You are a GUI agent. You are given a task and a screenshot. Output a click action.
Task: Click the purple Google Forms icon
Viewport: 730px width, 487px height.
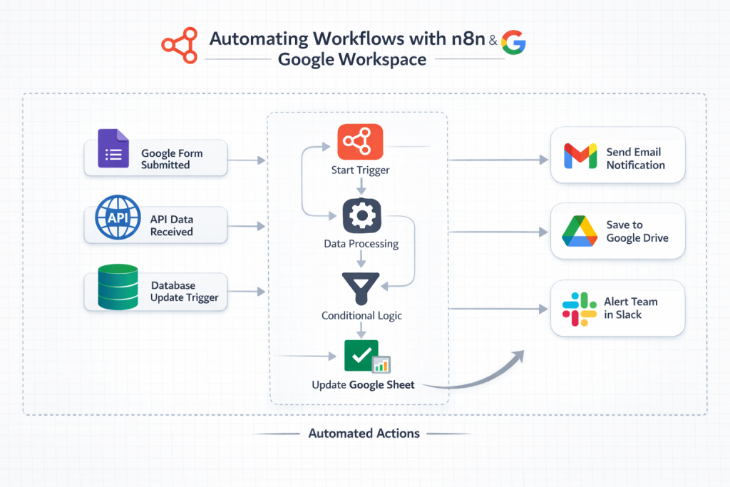coord(113,148)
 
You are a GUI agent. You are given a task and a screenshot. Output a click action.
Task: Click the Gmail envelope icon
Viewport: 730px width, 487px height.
coord(580,157)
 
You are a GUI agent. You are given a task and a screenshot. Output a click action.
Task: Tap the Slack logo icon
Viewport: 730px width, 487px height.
coord(579,309)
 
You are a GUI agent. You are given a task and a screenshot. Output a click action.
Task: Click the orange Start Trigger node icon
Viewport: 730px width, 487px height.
coord(360,142)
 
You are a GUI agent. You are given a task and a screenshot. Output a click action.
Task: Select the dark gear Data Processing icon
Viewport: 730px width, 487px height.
coord(361,215)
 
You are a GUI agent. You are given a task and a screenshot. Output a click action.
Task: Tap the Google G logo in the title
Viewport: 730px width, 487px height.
coord(513,43)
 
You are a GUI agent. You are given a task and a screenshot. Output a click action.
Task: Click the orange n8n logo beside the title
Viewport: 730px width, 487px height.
coord(180,45)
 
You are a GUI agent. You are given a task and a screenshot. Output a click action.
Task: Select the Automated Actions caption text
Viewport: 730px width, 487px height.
coord(364,433)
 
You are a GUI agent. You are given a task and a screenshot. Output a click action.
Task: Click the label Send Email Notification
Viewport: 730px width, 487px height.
coord(635,158)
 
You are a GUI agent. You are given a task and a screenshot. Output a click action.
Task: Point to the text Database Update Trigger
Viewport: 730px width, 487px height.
coord(184,292)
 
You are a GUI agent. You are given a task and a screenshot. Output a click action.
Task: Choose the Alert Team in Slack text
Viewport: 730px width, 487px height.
coord(630,308)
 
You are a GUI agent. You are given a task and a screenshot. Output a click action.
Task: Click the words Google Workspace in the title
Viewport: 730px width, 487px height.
coord(351,59)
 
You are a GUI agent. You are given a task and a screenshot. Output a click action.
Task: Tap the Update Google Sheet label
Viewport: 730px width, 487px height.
coord(363,384)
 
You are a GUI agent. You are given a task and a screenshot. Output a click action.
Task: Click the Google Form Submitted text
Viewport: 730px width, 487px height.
coord(171,158)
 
